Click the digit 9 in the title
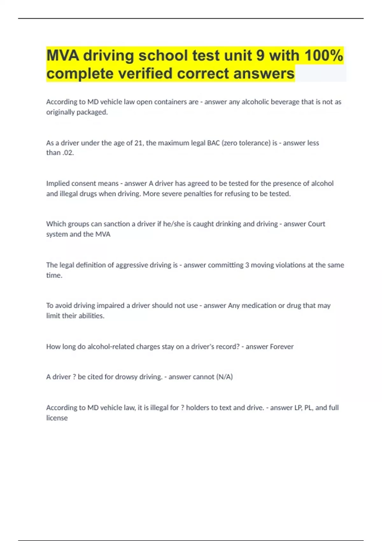[260, 55]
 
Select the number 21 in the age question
[138, 143]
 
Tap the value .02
[68, 153]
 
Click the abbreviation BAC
[213, 143]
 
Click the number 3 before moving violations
[247, 265]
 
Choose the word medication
[259, 306]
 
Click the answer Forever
[281, 347]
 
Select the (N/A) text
[224, 377]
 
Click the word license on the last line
[57, 418]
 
